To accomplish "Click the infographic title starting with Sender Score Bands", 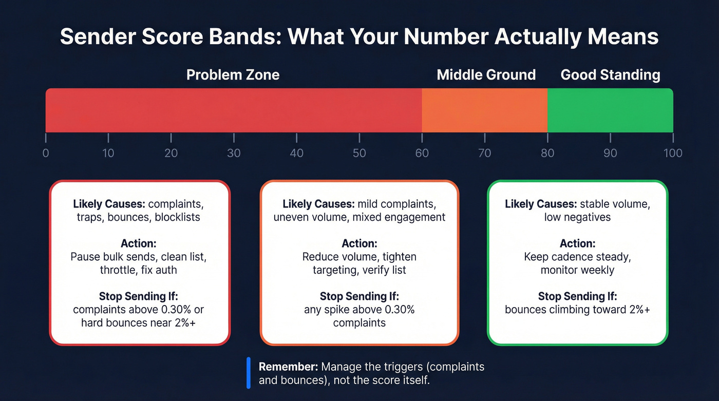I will (359, 37).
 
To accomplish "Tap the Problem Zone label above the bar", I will (233, 75).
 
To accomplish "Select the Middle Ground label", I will (486, 75).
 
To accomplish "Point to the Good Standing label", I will (610, 75).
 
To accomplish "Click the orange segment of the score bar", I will (484, 110).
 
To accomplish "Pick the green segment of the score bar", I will (610, 110).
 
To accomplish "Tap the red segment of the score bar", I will (234, 110).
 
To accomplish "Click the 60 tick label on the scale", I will (422, 153).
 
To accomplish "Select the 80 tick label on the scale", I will (547, 153).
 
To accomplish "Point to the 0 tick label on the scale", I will (46, 153).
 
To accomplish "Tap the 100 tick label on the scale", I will (672, 153).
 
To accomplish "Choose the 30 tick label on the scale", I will (234, 153).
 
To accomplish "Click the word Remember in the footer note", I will (288, 367).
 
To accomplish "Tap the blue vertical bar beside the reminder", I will (249, 373).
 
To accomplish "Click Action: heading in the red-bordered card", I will (138, 243).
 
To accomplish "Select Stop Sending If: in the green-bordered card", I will (577, 296).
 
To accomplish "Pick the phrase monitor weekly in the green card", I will (577, 270).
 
